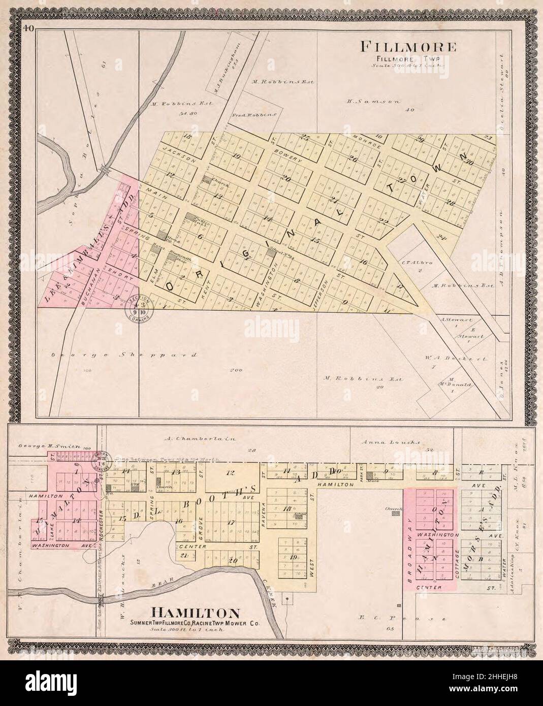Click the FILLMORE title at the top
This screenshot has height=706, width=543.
tap(408, 47)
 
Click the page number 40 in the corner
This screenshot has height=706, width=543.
tap(28, 29)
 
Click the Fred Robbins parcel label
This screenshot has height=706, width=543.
tap(254, 115)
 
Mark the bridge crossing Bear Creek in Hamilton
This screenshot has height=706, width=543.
tap(101, 600)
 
